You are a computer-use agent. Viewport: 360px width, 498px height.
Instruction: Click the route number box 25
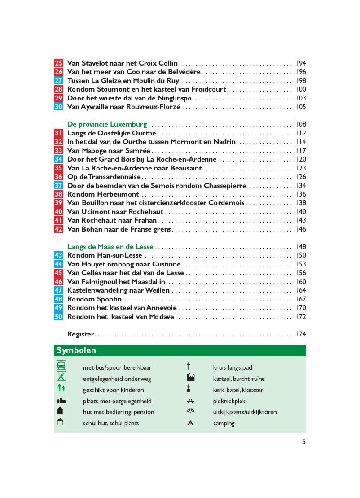click(x=58, y=63)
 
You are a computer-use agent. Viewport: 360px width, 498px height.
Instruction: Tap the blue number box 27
click(x=58, y=81)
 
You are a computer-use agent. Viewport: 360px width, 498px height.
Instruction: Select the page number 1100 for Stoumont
click(x=299, y=89)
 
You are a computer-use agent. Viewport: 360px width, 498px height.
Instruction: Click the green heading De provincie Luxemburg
click(x=107, y=124)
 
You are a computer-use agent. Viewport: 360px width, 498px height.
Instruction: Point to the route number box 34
click(x=58, y=159)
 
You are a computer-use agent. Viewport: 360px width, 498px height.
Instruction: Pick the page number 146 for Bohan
click(x=301, y=229)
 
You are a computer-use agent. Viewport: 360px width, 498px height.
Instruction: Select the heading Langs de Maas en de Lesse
click(x=110, y=247)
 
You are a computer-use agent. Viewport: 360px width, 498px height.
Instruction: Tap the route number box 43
click(x=58, y=255)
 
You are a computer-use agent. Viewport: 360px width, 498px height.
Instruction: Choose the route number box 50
click(x=58, y=317)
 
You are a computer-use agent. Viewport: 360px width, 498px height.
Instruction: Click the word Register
click(x=80, y=334)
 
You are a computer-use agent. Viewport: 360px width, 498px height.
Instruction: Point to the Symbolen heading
click(x=76, y=350)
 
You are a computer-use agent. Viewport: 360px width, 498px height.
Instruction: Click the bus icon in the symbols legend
click(x=61, y=365)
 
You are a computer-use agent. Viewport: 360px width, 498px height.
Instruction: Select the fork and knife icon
click(x=61, y=376)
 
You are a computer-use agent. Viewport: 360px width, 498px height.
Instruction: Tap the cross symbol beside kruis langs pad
click(x=189, y=367)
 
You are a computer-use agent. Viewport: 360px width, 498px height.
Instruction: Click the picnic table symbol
click(x=190, y=401)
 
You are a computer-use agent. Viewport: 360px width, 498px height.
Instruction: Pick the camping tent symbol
click(x=190, y=423)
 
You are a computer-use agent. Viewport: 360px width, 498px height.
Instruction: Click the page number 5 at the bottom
click(x=303, y=441)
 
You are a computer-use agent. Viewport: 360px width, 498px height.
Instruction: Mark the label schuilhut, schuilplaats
click(x=110, y=423)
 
